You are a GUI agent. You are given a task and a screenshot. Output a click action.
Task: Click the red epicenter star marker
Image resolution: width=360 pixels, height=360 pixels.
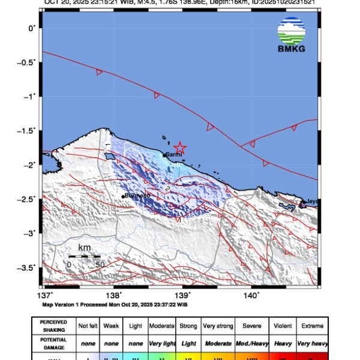pyautogui.click(x=179, y=148)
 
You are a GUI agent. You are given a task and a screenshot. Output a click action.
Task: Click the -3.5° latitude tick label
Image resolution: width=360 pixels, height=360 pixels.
pyautogui.click(x=27, y=267)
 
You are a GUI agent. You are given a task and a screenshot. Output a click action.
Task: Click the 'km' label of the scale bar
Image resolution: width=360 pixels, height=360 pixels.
pyautogui.click(x=84, y=248)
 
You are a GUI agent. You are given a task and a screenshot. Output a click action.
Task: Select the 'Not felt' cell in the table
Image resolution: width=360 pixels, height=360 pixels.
pyautogui.click(x=89, y=326)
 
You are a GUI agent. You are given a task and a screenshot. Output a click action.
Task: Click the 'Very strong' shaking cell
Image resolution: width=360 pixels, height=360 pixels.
pyautogui.click(x=218, y=326)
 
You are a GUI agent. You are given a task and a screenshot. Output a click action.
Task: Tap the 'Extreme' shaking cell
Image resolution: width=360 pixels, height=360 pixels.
pyautogui.click(x=312, y=326)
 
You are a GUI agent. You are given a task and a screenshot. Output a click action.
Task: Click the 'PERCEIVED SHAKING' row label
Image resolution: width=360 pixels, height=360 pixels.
pyautogui.click(x=53, y=326)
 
